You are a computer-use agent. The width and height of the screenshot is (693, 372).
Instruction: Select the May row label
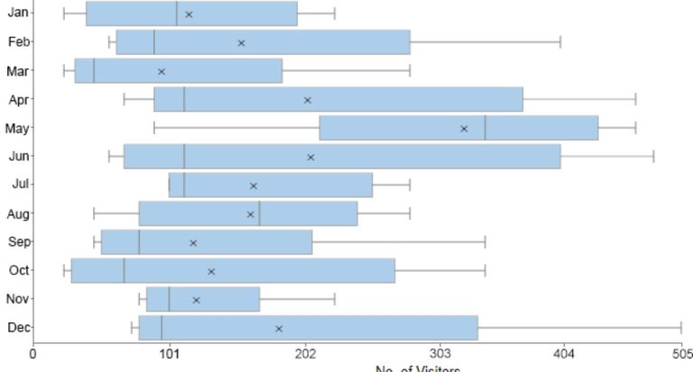coord(17,128)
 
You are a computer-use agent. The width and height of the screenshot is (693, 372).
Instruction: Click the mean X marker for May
coord(465,129)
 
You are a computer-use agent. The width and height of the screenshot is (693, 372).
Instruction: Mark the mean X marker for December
coord(279,329)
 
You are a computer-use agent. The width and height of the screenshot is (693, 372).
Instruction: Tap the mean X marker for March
coord(162,71)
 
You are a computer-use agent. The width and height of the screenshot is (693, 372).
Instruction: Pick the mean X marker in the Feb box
coord(241,42)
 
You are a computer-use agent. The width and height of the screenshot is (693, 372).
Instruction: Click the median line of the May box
coord(485,128)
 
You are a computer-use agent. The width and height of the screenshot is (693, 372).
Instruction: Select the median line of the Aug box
coord(260,213)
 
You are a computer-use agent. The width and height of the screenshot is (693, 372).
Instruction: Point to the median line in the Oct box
coord(125,270)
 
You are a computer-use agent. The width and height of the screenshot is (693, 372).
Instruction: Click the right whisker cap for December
coord(681,328)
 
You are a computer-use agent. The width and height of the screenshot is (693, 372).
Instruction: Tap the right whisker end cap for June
coord(653,157)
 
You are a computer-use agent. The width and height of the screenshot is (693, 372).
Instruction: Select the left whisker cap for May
coord(154,128)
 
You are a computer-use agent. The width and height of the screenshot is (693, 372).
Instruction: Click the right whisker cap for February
coord(560,42)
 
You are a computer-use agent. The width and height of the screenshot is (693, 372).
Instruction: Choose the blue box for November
coord(203,299)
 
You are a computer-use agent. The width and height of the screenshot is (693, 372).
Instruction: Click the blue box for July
coord(271,185)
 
